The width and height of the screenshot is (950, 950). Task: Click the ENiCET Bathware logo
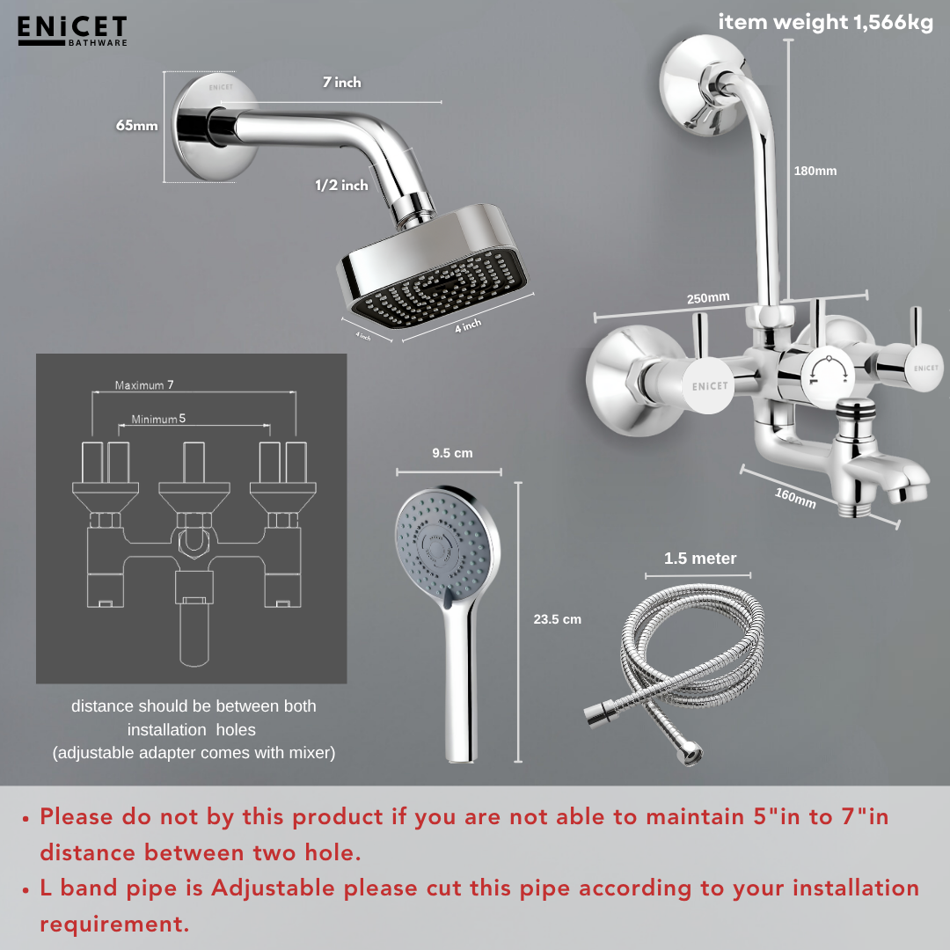click(x=72, y=30)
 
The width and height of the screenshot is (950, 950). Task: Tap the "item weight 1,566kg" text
click(x=825, y=23)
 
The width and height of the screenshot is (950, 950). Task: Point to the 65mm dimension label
click(x=136, y=126)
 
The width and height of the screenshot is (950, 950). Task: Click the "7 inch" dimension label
click(x=341, y=83)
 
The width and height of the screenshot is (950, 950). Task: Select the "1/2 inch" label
click(x=341, y=186)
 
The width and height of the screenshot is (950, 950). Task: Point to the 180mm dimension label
click(x=815, y=171)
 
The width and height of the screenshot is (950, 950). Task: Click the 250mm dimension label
click(x=708, y=298)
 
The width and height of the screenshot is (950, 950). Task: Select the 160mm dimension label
click(x=795, y=497)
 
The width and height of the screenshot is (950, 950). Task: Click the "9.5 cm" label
click(x=452, y=453)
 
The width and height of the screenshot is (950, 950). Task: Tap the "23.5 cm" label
click(x=557, y=619)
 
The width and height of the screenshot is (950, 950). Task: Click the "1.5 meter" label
click(x=700, y=559)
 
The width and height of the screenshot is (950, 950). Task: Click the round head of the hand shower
click(x=445, y=545)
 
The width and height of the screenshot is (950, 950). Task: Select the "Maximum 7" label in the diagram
click(x=145, y=385)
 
